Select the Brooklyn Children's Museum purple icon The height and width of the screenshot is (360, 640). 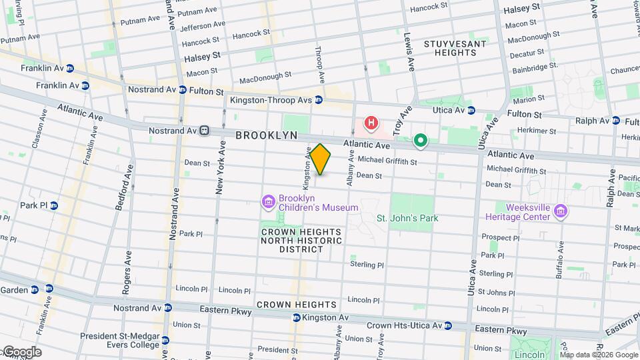(268, 201)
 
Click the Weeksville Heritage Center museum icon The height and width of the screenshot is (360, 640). (561, 212)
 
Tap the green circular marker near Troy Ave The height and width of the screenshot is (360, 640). (420, 140)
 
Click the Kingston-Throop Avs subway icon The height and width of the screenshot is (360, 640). (319, 100)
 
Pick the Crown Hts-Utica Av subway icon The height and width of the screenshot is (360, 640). (449, 325)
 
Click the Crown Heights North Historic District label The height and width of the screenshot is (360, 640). (301, 241)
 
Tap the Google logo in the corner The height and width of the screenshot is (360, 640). (21, 352)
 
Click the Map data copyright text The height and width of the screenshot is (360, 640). (597, 355)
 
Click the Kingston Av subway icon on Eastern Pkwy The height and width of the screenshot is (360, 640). (296, 318)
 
